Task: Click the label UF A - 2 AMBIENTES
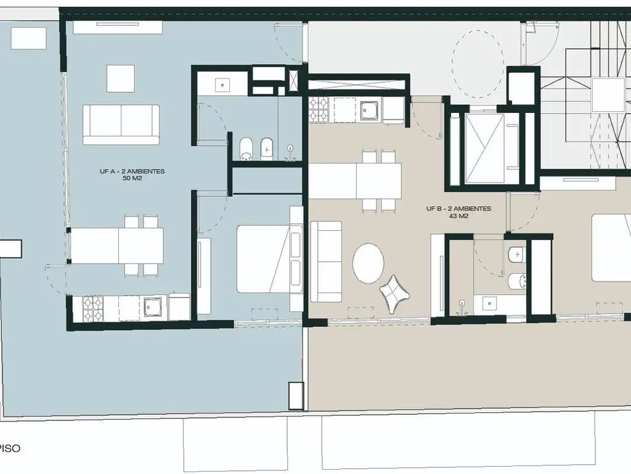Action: tap(132, 172)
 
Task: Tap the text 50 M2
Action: tap(132, 178)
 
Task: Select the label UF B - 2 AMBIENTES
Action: tap(458, 209)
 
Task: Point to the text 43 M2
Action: tap(458, 216)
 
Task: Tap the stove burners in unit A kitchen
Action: tap(93, 309)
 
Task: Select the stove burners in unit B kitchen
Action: tap(319, 110)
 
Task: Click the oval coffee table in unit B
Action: tap(368, 263)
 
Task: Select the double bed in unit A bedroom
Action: tap(269, 259)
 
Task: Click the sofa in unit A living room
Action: tap(121, 125)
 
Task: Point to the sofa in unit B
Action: tap(327, 262)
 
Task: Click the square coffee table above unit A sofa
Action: tap(120, 78)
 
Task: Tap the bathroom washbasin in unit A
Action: tap(222, 85)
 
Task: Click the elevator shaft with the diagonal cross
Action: tap(484, 149)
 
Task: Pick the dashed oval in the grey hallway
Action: tap(478, 64)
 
